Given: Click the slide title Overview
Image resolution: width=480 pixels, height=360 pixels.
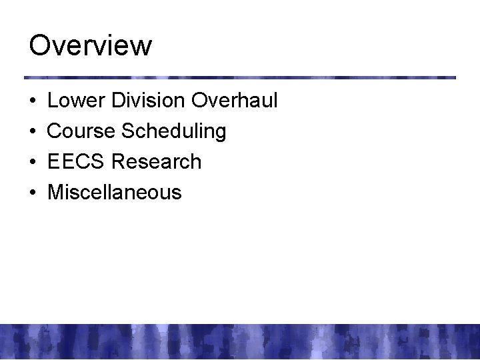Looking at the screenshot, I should [x=91, y=47].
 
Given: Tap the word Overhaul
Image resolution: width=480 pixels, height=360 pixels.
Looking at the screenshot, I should [x=234, y=101].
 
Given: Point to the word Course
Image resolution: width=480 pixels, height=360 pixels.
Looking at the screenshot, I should [x=81, y=131].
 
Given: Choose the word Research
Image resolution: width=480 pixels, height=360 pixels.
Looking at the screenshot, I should [x=157, y=162].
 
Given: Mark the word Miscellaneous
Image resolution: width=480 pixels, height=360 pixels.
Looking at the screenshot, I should [x=115, y=193].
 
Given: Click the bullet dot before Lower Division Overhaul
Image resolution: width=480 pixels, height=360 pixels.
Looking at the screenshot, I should [x=32, y=102].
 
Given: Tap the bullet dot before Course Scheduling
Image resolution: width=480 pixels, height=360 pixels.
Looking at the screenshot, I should [x=32, y=132].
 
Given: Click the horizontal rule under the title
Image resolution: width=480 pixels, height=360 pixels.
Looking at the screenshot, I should [x=240, y=77].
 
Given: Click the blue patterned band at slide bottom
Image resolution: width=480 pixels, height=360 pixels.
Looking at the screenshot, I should [x=240, y=341].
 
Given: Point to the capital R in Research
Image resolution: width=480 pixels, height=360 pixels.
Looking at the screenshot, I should [x=119, y=162].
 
